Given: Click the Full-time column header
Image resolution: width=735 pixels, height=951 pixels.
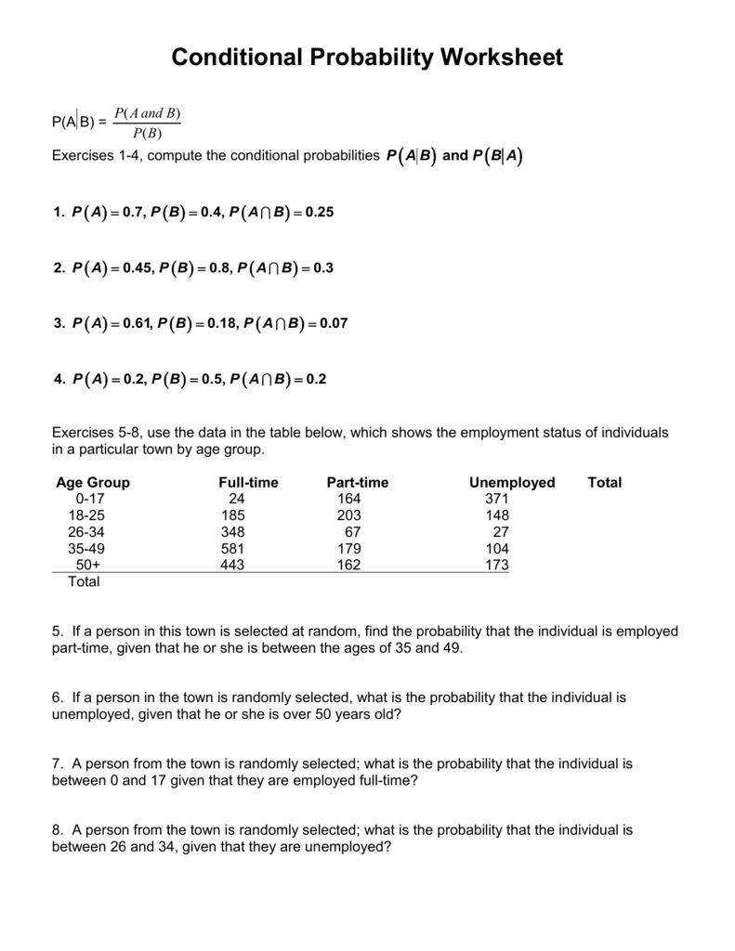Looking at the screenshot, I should tap(248, 483).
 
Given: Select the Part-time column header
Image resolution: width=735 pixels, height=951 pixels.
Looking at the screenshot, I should tap(358, 483).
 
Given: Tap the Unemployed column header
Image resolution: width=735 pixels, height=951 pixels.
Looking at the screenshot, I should tap(512, 483).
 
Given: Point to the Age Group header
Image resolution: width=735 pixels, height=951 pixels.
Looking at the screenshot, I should tap(93, 483).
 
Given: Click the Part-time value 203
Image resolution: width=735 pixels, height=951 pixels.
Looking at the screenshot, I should tap(348, 515).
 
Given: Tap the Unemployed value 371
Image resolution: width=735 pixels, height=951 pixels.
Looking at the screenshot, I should tap(497, 499).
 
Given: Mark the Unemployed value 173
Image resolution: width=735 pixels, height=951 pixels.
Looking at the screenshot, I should tap(497, 566).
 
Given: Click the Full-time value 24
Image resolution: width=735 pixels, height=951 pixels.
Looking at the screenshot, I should tap(236, 499).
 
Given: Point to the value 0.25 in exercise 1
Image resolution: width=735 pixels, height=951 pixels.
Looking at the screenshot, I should tap(317, 213).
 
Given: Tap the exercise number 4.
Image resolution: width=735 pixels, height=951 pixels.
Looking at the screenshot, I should tap(58, 380).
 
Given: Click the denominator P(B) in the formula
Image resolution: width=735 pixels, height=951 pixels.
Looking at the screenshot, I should tap(147, 132).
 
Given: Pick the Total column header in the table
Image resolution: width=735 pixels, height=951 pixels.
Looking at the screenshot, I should tap(605, 483).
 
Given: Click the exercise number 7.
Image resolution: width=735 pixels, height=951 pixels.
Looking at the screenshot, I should tap(57, 764).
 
